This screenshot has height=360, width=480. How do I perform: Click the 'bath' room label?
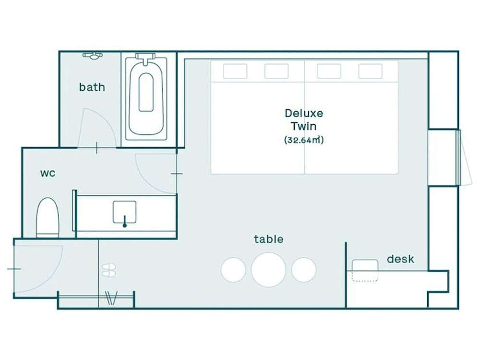[x=92, y=87]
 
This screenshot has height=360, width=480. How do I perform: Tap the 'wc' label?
[x=48, y=173]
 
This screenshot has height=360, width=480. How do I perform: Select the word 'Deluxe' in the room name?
[x=304, y=113]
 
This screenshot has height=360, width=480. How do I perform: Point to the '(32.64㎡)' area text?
[x=304, y=140]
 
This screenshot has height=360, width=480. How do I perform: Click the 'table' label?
[x=268, y=239]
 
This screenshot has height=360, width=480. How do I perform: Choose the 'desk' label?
[x=400, y=259]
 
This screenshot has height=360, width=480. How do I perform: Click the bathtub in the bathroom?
[x=146, y=96]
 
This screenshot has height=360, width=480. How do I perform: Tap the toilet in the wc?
[x=48, y=217]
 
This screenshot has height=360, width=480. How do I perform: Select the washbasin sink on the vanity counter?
[x=125, y=213]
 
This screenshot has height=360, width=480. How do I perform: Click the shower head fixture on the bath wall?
[x=93, y=56]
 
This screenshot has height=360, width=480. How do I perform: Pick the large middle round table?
[x=268, y=270]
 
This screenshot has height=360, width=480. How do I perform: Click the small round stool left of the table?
[x=233, y=270]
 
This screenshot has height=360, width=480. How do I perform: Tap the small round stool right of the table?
[x=304, y=270]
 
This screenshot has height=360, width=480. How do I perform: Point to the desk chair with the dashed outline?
[x=365, y=270]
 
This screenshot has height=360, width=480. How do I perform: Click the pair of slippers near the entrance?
[x=108, y=270]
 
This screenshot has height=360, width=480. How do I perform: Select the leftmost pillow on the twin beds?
[x=235, y=72]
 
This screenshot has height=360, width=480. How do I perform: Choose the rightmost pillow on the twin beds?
[x=371, y=72]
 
